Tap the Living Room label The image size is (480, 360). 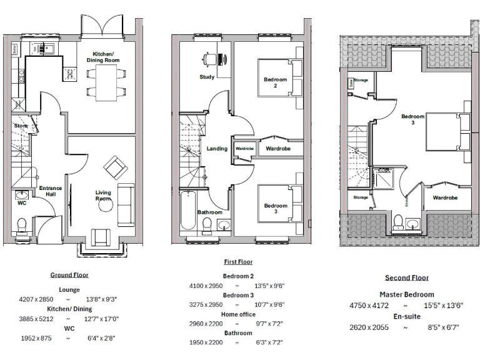(103, 195)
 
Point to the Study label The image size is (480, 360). (207, 77)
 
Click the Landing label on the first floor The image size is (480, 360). (216, 149)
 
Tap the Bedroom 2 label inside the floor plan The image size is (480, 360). (275, 82)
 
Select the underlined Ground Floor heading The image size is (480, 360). (69, 274)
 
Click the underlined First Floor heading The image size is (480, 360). (238, 262)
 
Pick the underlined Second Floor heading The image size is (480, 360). (407, 277)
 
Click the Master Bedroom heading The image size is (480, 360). (407, 294)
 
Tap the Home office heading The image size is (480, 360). (238, 314)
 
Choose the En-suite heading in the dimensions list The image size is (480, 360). (407, 317)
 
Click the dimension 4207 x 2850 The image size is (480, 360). (37, 299)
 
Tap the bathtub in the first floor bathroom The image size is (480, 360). (188, 212)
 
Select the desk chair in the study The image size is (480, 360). (208, 60)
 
